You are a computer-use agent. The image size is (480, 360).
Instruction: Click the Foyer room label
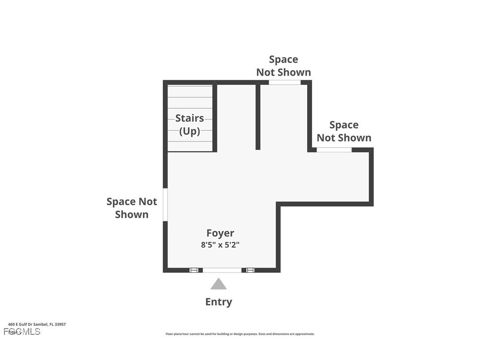click(220, 233)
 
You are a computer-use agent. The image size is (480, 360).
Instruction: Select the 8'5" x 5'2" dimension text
click(220, 245)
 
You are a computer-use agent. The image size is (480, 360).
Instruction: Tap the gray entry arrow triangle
click(218, 284)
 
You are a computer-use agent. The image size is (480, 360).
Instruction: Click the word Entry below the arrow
click(218, 302)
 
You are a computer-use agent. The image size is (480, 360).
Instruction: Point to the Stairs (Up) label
click(190, 124)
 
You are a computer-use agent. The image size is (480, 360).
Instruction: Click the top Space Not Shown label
click(283, 66)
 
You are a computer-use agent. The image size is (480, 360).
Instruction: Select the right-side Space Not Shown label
click(344, 131)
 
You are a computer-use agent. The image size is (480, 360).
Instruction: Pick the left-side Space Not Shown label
click(132, 208)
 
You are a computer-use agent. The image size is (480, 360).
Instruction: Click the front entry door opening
click(222, 270)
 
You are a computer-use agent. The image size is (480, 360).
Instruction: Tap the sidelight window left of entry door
click(194, 270)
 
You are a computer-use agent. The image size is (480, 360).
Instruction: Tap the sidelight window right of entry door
click(250, 270)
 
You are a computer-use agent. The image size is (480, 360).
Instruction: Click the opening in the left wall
click(165, 204)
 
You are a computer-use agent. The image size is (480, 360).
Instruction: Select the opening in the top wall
click(285, 82)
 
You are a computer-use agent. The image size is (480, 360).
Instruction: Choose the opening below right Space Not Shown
click(334, 150)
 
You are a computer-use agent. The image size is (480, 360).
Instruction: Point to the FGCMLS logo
click(22, 332)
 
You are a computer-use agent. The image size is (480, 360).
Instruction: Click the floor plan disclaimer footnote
click(240, 334)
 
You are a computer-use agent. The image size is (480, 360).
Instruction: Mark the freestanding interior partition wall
click(258, 117)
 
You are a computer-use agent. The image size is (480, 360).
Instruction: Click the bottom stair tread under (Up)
click(190, 146)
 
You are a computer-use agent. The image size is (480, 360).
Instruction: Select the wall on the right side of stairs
click(215, 117)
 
